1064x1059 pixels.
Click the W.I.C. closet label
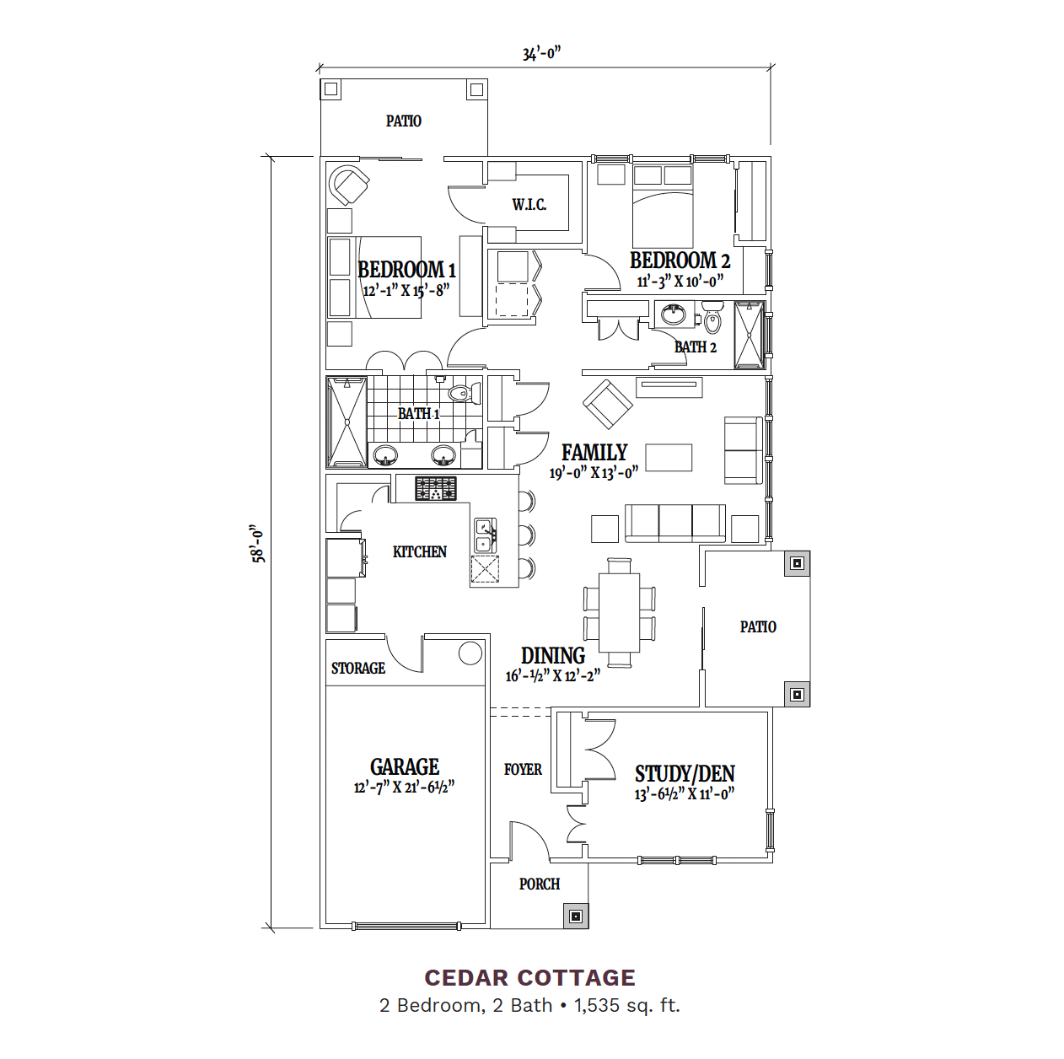529,205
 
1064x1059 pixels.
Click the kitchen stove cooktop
436,489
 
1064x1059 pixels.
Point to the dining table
619,613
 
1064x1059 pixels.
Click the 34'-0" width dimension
541,54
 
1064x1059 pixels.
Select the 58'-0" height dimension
258,543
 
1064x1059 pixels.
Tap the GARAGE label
405,766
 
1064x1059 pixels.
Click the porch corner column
576,917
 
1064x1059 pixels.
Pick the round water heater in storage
470,653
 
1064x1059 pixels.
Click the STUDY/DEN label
685,774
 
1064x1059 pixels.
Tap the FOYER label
523,769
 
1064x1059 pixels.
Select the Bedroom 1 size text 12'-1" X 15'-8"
406,290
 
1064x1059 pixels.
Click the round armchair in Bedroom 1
349,185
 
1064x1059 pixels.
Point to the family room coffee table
669,457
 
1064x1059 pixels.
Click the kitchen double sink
486,535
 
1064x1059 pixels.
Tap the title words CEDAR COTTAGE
530,978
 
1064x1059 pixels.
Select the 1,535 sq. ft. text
627,1005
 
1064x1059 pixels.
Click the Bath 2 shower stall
750,335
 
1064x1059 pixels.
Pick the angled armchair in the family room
608,405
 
